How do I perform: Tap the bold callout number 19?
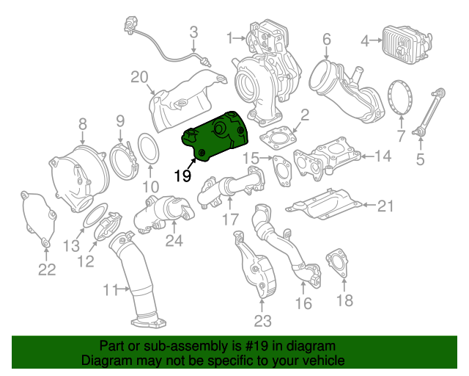tap(182, 176)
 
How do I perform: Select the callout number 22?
tap(47, 270)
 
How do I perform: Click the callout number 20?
tap(139, 77)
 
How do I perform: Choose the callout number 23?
tap(262, 320)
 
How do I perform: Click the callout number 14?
tap(384, 156)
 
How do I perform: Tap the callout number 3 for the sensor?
tap(194, 32)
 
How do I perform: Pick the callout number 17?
tap(230, 218)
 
